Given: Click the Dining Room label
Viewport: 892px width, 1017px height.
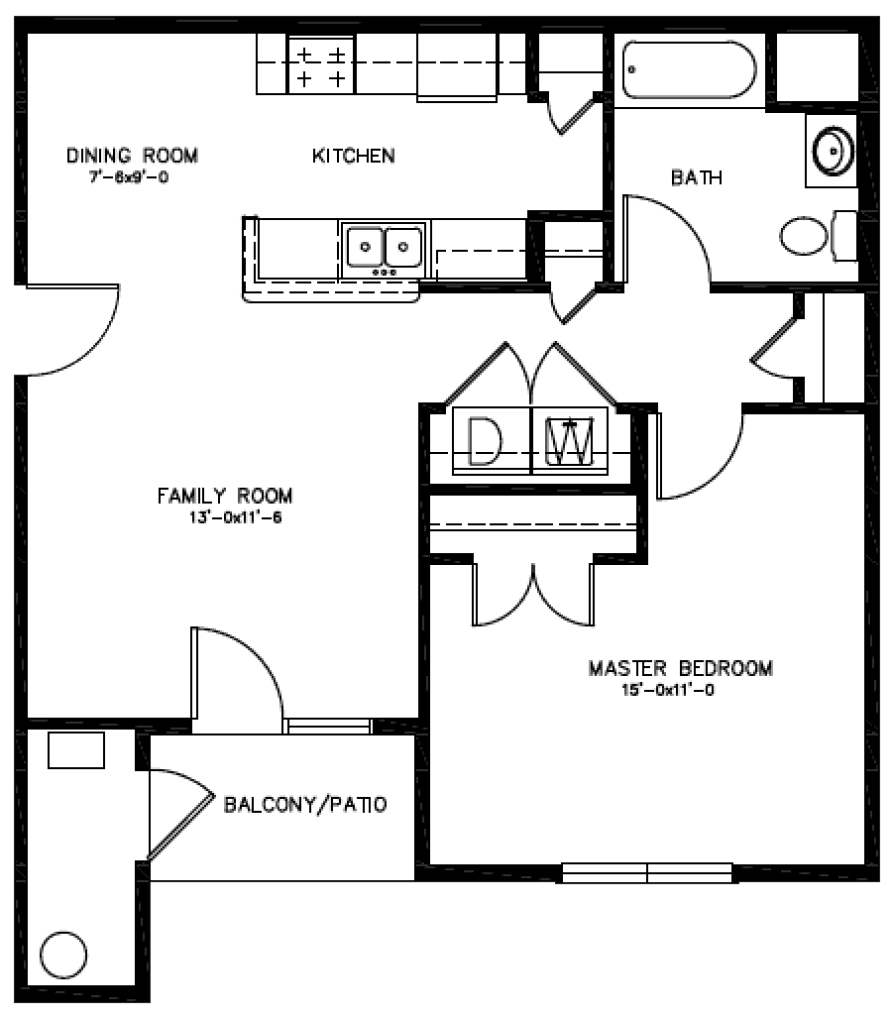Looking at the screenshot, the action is (x=133, y=156).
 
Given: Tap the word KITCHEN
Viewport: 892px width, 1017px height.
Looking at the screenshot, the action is (x=354, y=156).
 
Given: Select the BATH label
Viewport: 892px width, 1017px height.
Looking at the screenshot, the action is (x=697, y=177).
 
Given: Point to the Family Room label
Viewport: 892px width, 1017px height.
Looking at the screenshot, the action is (x=225, y=497).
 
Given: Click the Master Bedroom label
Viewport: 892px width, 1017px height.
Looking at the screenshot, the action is (x=681, y=668).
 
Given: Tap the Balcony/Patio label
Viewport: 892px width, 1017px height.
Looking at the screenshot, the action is (x=305, y=804).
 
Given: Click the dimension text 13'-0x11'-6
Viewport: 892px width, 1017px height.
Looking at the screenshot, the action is (x=235, y=517).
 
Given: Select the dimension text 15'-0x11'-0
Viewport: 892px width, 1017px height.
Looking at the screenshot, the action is (x=668, y=690).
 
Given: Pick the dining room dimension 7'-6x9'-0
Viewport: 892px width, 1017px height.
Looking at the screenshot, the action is (x=129, y=177).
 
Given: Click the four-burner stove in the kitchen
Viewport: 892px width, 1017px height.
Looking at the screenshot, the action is (x=321, y=64).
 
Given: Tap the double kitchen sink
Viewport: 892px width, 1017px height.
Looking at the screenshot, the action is (x=384, y=247).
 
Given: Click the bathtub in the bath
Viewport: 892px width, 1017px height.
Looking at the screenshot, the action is (x=690, y=69).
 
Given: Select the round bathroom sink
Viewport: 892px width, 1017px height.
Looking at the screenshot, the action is (x=833, y=151).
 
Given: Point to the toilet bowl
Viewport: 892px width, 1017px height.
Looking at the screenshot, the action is (x=806, y=236).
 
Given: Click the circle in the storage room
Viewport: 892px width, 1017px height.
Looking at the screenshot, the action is (x=63, y=955).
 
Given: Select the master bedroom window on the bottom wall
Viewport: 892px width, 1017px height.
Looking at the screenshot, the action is (x=647, y=872).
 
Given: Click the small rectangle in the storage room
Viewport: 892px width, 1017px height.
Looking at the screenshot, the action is (x=76, y=749).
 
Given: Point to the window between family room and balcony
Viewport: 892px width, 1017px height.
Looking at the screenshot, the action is (x=329, y=727).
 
